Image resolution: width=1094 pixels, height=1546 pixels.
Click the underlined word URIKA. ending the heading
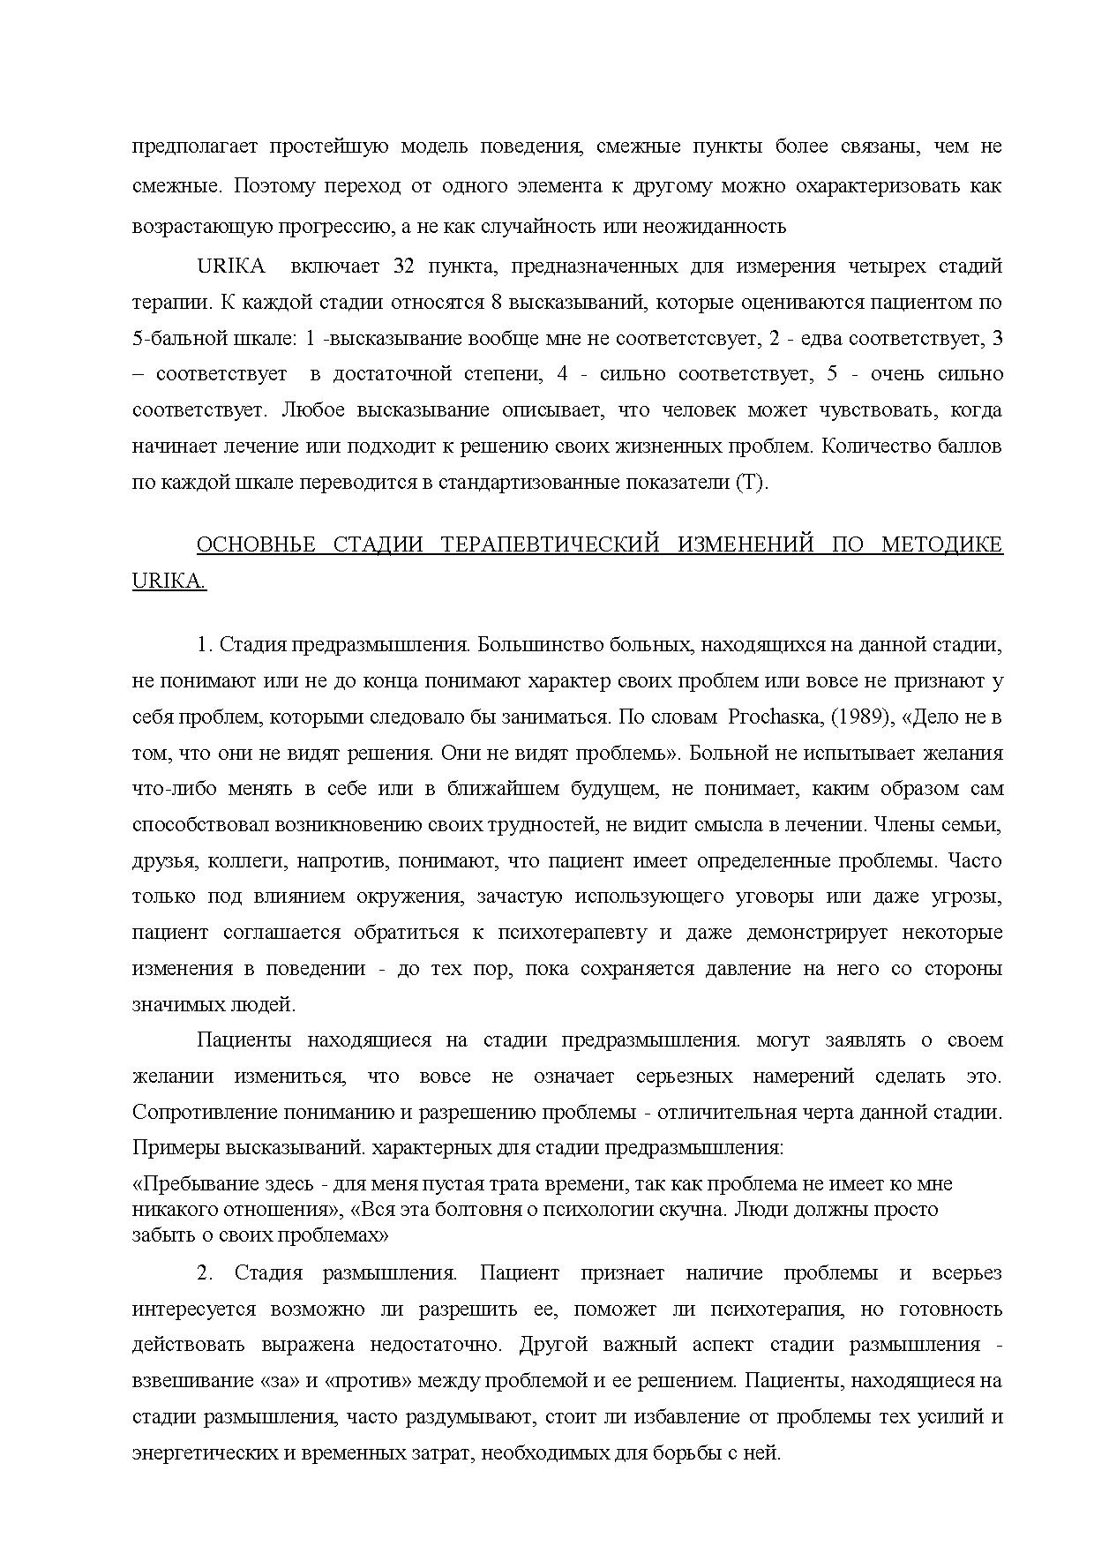pyautogui.click(x=169, y=582)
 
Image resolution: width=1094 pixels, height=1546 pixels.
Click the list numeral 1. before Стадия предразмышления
pyautogui.click(x=205, y=645)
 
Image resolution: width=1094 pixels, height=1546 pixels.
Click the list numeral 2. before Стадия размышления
pyautogui.click(x=205, y=1273)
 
